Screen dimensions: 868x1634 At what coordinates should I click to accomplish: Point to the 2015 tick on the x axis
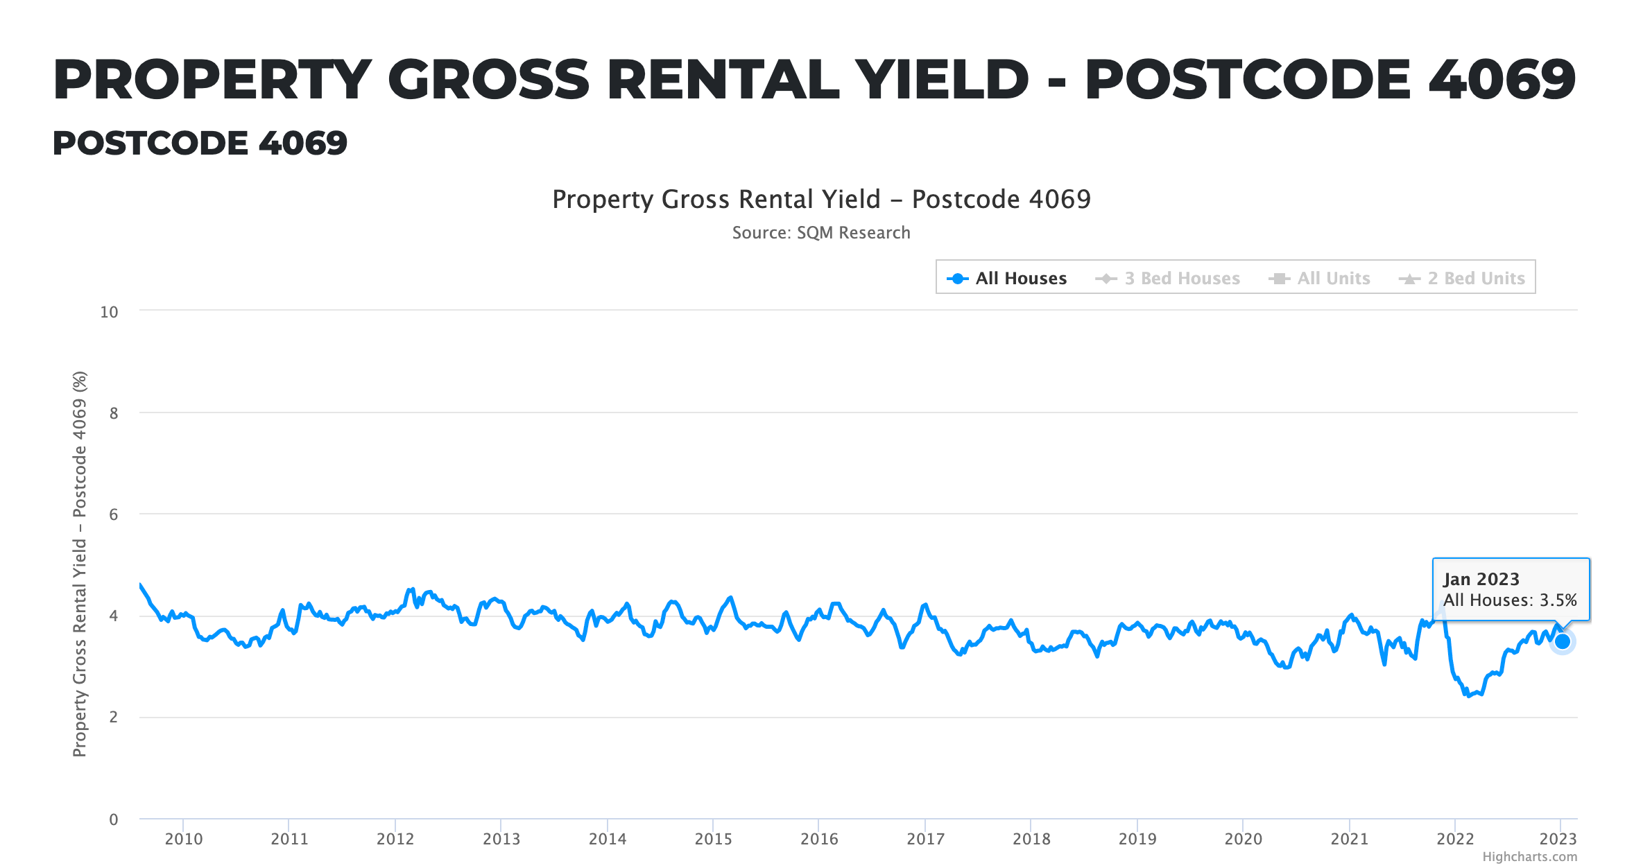coord(713,839)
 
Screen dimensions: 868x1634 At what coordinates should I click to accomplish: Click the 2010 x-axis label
coord(183,839)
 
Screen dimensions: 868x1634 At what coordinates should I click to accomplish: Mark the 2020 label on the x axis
coord(1243,839)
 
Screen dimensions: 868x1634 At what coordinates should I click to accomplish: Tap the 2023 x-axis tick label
coord(1558,839)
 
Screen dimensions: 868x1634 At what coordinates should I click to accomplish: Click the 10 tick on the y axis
coord(109,312)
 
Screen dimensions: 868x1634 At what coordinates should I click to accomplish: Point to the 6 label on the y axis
coord(113,514)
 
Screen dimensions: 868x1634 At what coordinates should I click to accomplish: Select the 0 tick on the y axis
coord(113,819)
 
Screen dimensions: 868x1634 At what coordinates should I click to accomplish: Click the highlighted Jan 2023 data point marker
coord(1562,641)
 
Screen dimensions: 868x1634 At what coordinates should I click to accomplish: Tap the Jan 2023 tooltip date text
coord(1481,579)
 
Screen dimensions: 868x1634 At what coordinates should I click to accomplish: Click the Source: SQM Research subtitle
coord(821,233)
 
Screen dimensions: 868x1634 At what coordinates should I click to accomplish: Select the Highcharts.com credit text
coord(1529,857)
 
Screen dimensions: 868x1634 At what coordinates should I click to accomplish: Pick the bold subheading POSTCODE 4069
coord(200,144)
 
